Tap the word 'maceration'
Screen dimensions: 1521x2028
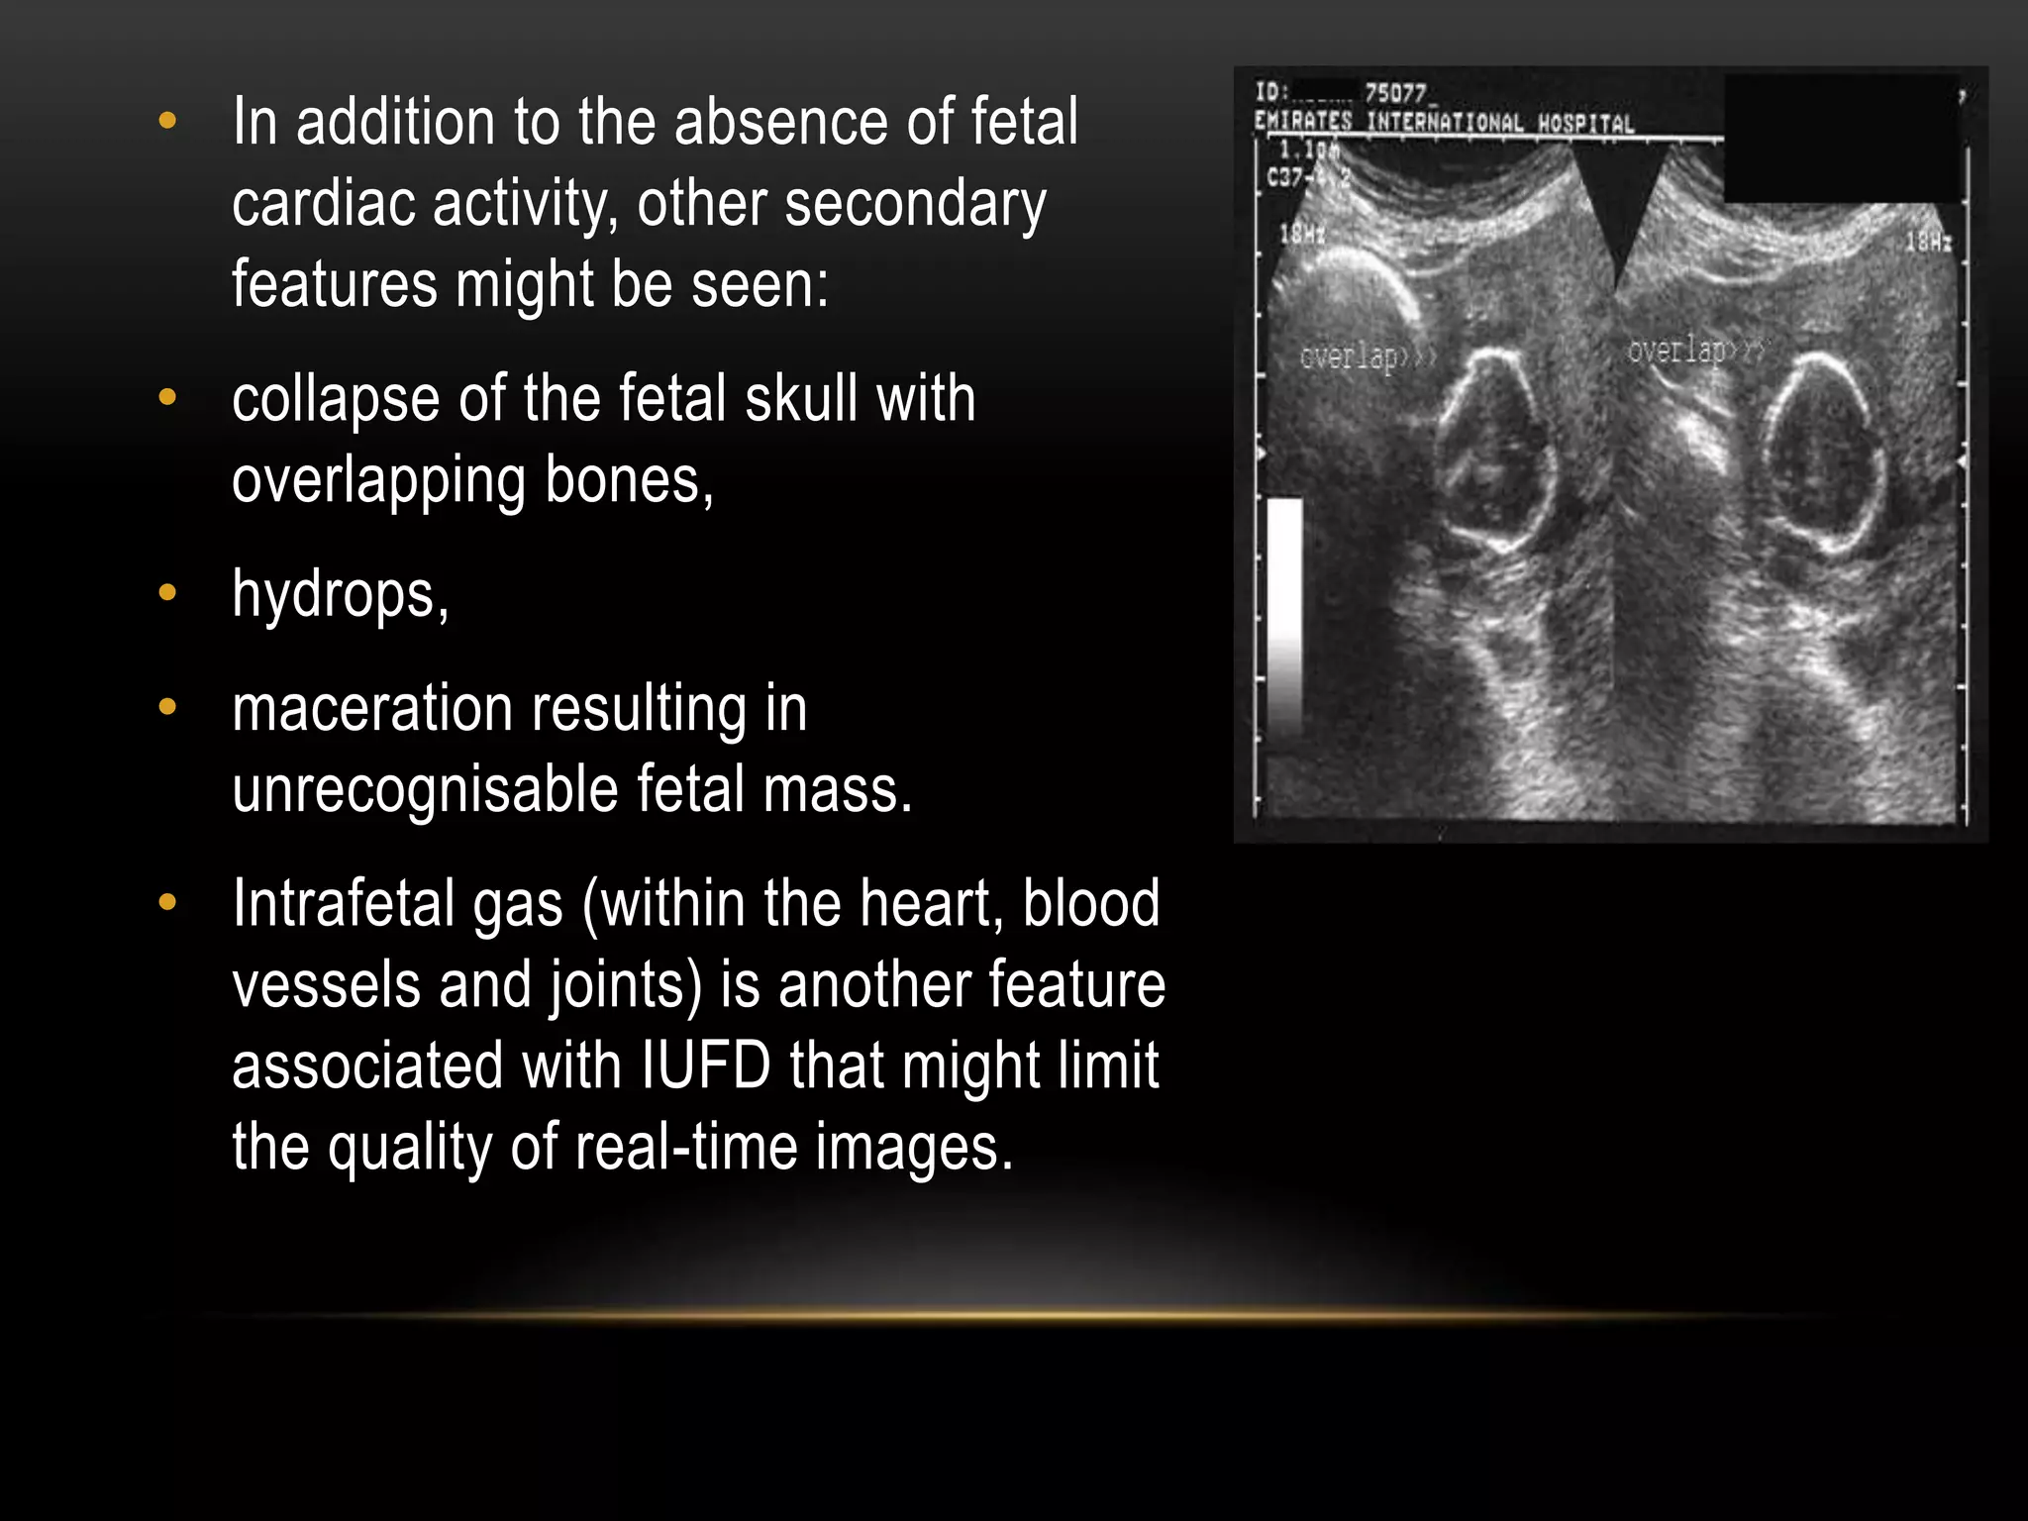click(371, 709)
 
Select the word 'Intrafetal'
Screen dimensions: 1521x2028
click(343, 904)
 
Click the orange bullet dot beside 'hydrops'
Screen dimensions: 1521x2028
click(167, 593)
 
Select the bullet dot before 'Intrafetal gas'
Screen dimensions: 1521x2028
click(167, 902)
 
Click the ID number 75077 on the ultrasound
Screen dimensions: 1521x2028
click(1395, 93)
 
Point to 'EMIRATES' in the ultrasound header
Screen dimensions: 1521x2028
click(1302, 122)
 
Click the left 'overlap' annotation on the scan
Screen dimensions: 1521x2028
click(1348, 356)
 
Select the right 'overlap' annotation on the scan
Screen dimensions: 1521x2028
click(1676, 351)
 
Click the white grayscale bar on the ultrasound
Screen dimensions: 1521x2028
click(1284, 614)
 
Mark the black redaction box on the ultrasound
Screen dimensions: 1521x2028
click(1841, 139)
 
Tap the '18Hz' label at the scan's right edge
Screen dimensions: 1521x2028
click(1928, 242)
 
